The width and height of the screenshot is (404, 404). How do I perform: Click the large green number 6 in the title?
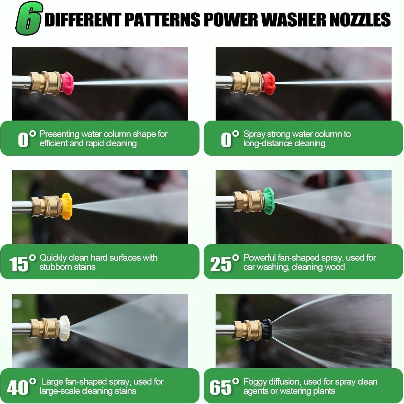pyautogui.click(x=29, y=18)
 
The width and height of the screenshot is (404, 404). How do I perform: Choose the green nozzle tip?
pyautogui.click(x=269, y=201)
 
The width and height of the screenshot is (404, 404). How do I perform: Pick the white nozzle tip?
pyautogui.click(x=64, y=328)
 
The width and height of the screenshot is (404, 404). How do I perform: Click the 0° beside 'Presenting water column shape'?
pyautogui.click(x=27, y=139)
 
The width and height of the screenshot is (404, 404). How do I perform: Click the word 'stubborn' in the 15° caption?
pyautogui.click(x=54, y=267)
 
